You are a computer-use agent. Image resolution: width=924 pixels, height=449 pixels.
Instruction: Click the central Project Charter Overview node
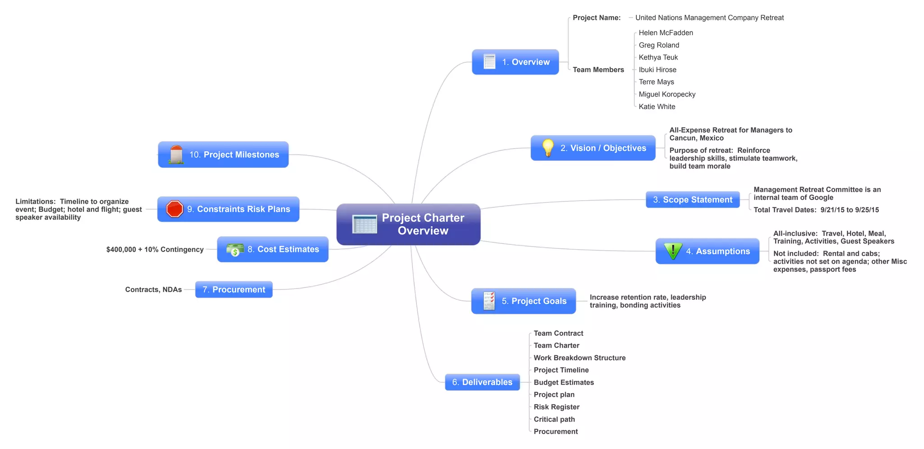pos(408,224)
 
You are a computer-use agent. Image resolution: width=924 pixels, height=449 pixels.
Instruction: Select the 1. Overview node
pos(515,62)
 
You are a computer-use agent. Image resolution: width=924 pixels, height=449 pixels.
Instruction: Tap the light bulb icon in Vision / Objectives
pos(548,148)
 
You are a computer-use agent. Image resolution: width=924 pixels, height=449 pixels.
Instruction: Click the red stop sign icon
pos(175,209)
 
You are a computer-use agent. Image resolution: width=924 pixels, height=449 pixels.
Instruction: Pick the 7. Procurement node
pos(234,289)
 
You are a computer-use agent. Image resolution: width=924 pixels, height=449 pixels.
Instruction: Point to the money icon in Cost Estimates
pos(235,250)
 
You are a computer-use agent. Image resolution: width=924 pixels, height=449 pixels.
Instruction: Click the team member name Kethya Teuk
pos(658,57)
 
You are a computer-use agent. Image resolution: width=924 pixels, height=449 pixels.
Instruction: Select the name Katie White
pos(657,106)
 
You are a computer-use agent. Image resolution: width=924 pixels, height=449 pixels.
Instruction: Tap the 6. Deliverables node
pos(482,382)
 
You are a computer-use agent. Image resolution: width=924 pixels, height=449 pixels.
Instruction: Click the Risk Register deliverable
pos(556,407)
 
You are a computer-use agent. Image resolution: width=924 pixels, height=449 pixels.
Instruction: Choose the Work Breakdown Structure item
pos(579,358)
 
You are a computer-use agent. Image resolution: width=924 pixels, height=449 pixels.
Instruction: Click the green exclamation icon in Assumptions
pos(673,251)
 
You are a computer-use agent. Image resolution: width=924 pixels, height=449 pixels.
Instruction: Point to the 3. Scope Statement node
pos(693,200)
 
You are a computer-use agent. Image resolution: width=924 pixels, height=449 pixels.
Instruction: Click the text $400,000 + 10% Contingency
pos(155,250)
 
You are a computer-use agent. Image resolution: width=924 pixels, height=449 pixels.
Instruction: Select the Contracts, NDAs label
pos(153,289)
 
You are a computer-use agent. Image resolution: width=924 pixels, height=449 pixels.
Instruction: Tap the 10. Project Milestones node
pos(223,155)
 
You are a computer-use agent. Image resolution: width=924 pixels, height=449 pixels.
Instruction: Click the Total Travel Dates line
pos(816,210)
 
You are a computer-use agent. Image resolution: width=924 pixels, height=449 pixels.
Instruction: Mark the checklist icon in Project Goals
pos(489,301)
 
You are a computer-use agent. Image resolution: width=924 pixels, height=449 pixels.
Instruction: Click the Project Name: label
pos(596,18)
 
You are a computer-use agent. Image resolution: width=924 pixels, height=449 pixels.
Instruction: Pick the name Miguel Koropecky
pos(667,94)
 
